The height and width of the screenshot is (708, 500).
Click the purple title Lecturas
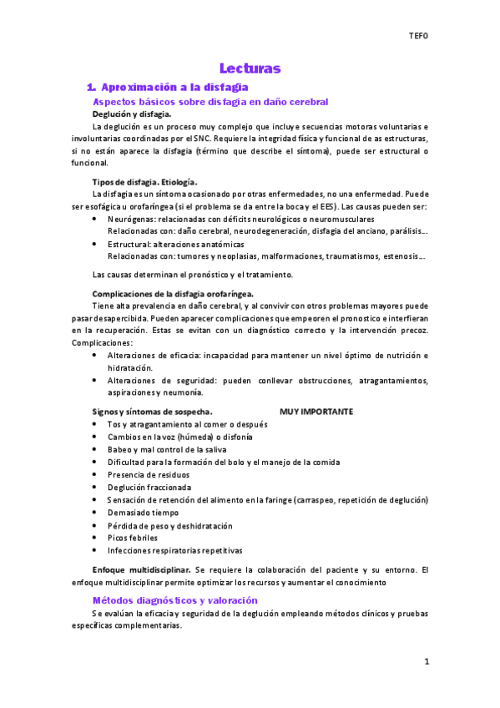(x=250, y=68)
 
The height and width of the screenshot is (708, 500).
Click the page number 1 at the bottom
(x=426, y=662)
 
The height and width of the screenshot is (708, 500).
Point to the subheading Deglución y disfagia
(x=132, y=114)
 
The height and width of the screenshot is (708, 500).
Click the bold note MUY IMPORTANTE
(x=316, y=412)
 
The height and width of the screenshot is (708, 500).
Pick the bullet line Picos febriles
(x=132, y=539)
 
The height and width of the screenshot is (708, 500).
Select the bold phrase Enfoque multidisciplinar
(x=141, y=569)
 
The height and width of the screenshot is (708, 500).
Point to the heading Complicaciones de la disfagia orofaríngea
(x=173, y=294)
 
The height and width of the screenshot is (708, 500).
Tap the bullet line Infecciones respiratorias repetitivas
(x=174, y=551)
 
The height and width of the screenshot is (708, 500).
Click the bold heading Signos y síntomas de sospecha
(x=152, y=412)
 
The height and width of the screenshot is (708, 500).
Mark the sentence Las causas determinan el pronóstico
(x=192, y=275)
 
